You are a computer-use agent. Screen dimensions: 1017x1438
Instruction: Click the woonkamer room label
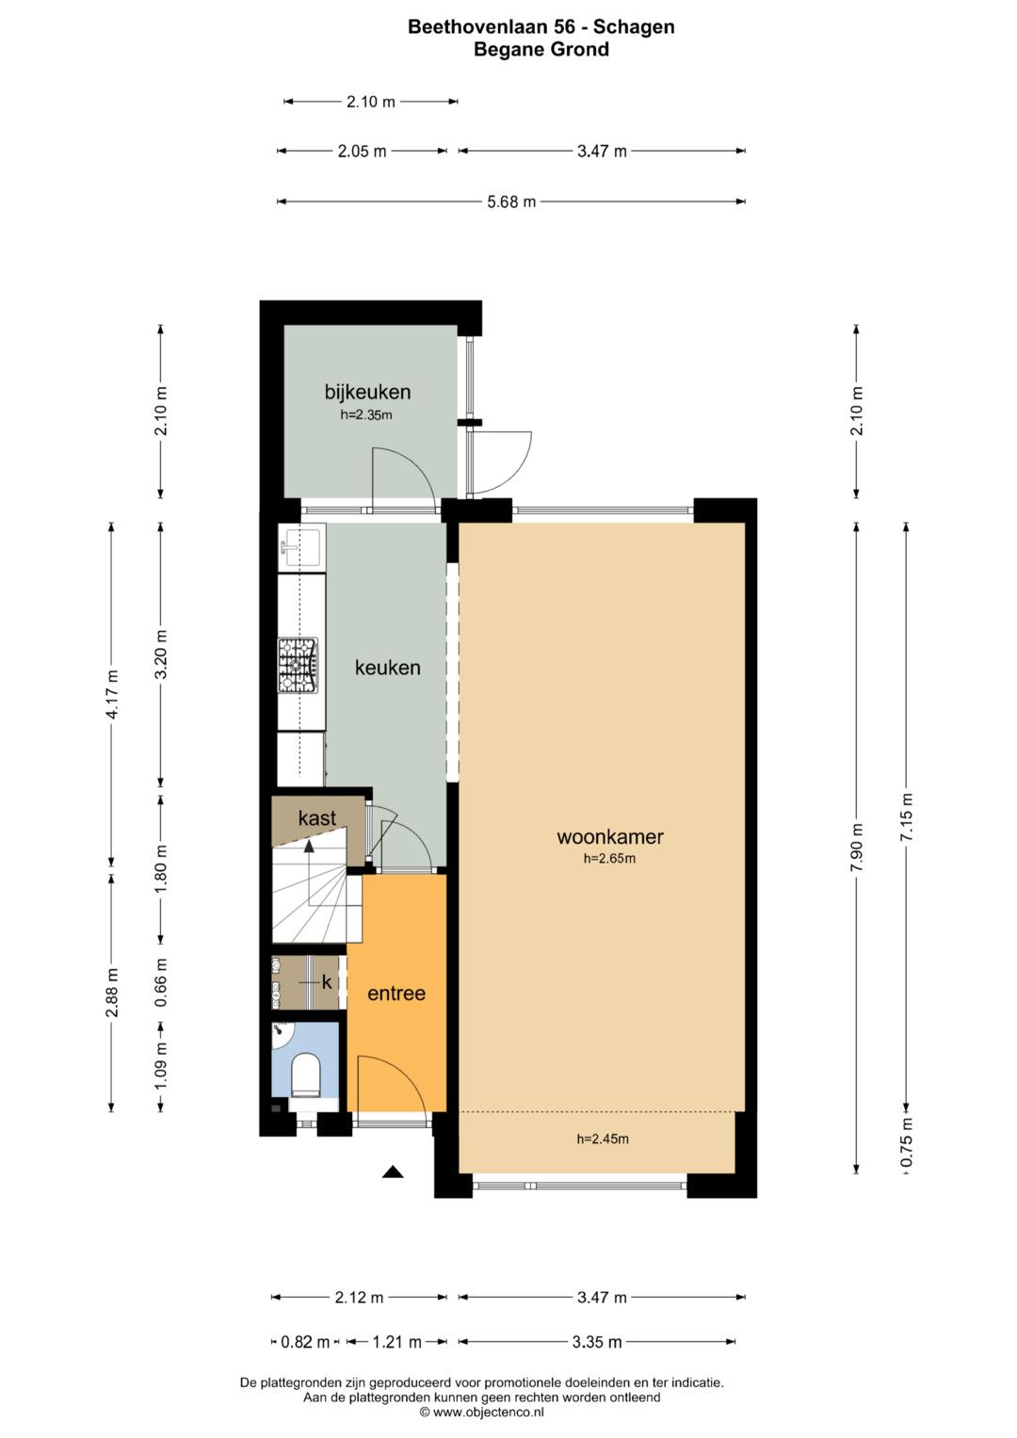tap(609, 836)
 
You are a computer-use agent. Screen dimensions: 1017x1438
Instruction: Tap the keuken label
tap(387, 668)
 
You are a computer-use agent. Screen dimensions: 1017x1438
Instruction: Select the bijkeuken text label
tap(367, 392)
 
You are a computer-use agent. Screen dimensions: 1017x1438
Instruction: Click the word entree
tap(396, 994)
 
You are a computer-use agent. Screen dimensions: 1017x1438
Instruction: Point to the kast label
tap(316, 817)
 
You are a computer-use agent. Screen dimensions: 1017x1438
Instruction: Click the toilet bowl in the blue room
tap(306, 1073)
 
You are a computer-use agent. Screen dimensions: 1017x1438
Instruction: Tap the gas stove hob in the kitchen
tap(298, 665)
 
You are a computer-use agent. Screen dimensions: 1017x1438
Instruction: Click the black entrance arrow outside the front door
tap(393, 1172)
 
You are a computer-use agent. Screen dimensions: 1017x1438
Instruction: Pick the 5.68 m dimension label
tap(511, 202)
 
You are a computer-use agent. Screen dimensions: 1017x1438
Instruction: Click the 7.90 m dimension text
tap(857, 847)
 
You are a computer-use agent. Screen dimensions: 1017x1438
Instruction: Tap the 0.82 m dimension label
tap(305, 1342)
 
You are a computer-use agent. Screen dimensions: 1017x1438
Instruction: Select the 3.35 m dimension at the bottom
tap(596, 1342)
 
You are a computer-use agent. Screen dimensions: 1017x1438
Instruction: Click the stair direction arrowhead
tap(309, 846)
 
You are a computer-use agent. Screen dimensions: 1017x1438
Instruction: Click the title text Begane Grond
tap(541, 49)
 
